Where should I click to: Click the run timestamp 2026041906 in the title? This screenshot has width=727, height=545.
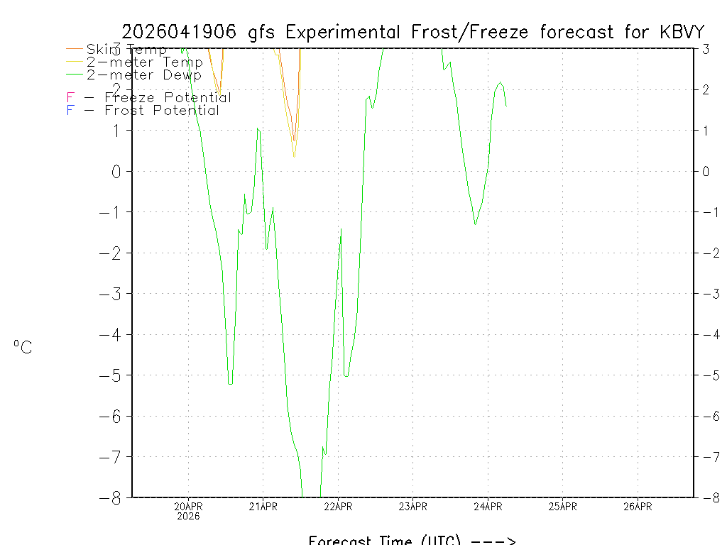coord(181,32)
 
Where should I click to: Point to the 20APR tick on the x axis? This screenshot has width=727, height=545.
coord(189,506)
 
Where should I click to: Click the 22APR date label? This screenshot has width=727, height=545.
coord(338,506)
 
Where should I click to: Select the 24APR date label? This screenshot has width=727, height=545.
coord(488,506)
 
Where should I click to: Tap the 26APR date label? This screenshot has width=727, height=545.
coord(638,506)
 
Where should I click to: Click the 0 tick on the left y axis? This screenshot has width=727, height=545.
coord(117,171)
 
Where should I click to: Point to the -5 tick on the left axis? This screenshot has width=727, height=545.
coord(113,375)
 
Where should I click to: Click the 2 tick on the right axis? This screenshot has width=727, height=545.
coord(706,89)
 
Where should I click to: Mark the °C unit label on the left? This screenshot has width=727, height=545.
coord(23,347)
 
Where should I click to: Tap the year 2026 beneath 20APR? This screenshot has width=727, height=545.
coord(189,516)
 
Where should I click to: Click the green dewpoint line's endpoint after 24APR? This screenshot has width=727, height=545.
coord(506,106)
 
